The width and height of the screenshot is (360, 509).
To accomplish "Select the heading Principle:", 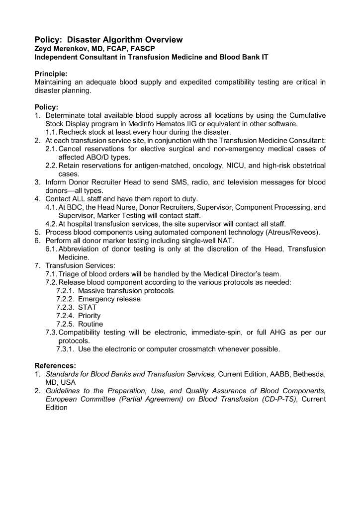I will click(51, 74).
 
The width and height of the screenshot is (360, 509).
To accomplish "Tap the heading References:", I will click(55, 365).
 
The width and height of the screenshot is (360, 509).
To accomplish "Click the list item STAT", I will click(88, 307).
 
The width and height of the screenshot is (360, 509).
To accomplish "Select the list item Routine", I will click(90, 324).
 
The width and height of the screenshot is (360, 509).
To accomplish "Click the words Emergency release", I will click(109, 299).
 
